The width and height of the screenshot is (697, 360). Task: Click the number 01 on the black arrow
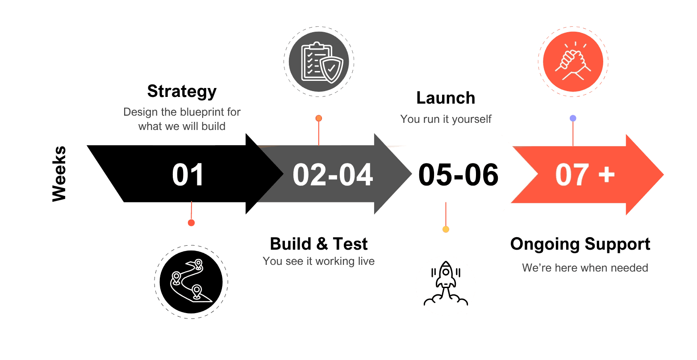pos(188,175)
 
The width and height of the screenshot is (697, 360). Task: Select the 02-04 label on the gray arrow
pos(333,175)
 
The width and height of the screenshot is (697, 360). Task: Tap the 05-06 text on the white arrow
pos(458,175)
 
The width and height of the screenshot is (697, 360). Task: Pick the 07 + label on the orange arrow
pos(585,175)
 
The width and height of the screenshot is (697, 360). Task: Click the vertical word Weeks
pos(59,174)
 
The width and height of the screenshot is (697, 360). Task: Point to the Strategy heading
pos(182,91)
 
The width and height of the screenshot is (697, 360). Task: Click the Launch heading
pos(446,98)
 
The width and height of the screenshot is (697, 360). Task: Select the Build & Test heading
pos(319,244)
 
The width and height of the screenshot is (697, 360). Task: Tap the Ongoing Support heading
pos(580,244)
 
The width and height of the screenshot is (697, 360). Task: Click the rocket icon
pos(446,285)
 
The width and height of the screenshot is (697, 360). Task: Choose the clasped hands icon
pos(573,61)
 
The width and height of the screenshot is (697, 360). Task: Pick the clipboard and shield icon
pos(318,62)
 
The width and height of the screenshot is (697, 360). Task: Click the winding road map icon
pos(191,281)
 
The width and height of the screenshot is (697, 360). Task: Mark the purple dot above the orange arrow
pos(573,118)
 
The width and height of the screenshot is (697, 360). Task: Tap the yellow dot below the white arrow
pos(446,229)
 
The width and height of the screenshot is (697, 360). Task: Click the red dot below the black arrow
pos(191,223)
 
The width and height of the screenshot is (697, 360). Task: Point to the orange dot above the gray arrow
pos(318,118)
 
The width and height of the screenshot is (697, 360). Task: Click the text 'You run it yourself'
pos(446,119)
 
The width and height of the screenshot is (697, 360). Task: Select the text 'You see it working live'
pos(318,261)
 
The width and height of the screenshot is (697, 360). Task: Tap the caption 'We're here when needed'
pos(585,268)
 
